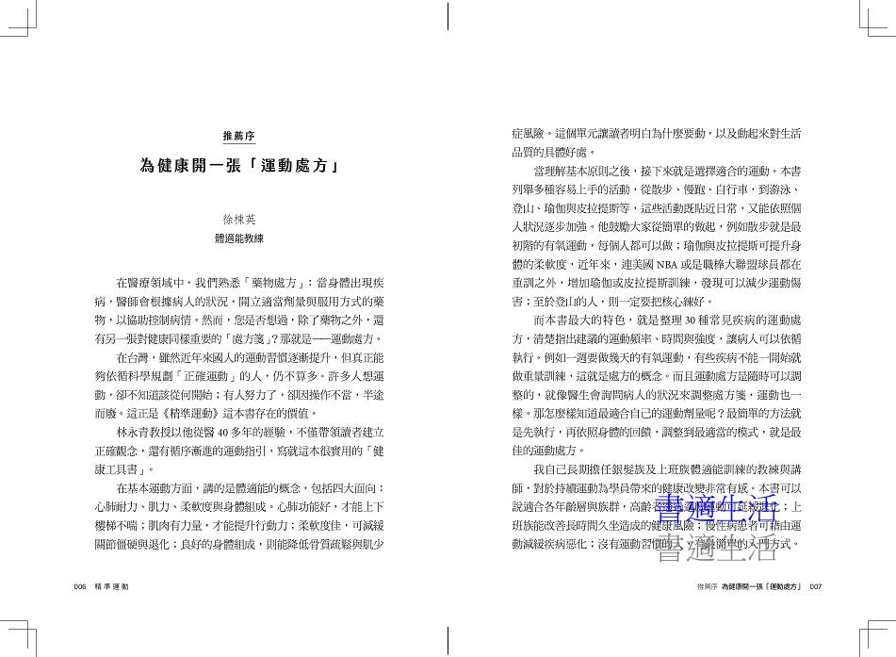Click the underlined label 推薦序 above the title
click(239, 137)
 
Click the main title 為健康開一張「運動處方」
click(239, 167)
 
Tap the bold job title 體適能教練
click(239, 238)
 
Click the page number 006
click(80, 586)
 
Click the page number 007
click(816, 586)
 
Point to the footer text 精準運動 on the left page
click(110, 586)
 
